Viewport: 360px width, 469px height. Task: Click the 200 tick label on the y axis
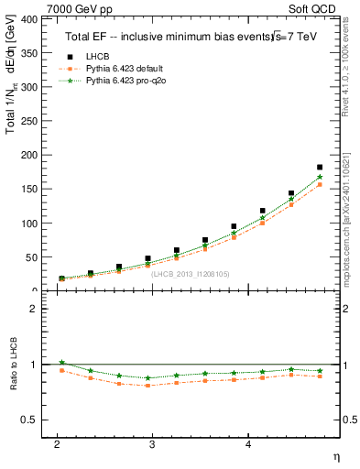point(28,155)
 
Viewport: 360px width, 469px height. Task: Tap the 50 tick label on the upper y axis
point(31,257)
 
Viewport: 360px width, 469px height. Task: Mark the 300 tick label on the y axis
point(28,87)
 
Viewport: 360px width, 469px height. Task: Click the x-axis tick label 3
point(152,444)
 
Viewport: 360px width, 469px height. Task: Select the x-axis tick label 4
point(248,444)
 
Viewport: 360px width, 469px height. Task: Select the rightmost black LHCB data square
point(320,168)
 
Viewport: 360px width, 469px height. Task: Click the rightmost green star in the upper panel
point(320,177)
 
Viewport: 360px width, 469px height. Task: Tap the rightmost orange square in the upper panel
point(320,184)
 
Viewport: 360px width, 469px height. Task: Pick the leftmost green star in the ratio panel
point(61,363)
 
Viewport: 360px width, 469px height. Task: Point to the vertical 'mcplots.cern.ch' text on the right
point(347,211)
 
